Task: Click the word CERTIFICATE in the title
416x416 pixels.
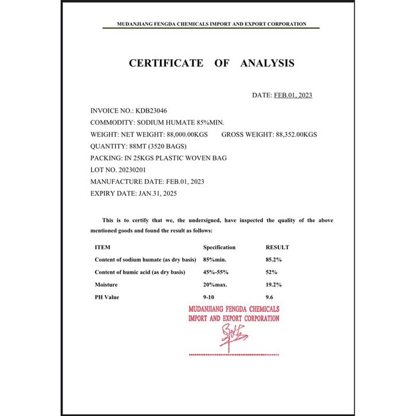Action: point(166,63)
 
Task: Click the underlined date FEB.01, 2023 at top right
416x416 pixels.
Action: point(293,95)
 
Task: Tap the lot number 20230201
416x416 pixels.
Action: point(133,170)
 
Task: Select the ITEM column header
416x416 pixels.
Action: point(103,248)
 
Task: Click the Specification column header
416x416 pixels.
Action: point(219,248)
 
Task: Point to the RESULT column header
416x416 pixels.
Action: point(277,248)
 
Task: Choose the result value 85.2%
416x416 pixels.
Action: point(273,260)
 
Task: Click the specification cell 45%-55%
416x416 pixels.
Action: point(217,272)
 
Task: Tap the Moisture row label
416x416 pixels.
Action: point(106,284)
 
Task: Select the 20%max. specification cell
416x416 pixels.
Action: point(215,284)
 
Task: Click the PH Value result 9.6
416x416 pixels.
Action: point(270,297)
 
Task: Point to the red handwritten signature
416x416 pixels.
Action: point(231,335)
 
